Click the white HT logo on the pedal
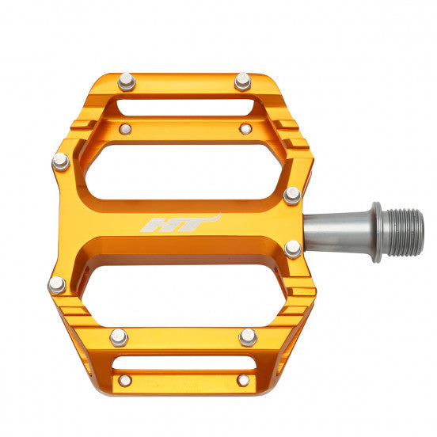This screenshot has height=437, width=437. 180,223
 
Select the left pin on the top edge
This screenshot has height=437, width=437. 126,82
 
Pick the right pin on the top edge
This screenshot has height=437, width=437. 242,81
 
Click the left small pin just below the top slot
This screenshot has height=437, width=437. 125,128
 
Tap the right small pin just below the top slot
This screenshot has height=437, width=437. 245,127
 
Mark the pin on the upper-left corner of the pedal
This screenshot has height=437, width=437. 60,161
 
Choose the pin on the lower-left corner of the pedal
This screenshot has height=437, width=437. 57,284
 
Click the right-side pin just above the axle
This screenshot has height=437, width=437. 292,195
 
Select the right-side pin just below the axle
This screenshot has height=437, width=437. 293,249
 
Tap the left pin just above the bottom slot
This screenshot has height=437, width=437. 119,337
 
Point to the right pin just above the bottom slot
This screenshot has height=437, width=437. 249,337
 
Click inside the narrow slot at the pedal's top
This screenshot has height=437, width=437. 184,107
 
